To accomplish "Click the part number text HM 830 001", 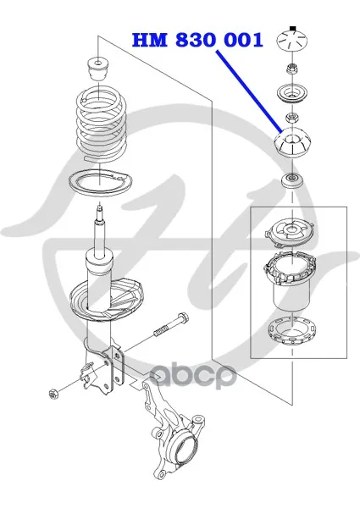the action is (x=197, y=41).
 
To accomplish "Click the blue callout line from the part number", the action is (x=249, y=91).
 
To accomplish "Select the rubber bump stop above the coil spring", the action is (x=98, y=68).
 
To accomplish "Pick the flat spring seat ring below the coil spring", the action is (x=101, y=183).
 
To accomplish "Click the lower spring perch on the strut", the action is (x=106, y=300).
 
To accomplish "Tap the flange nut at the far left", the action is (x=53, y=395).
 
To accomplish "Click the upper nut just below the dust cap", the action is (x=291, y=69).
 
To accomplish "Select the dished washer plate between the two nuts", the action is (x=292, y=94).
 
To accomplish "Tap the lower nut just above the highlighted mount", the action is (x=291, y=119).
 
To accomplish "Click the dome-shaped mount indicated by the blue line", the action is (x=292, y=143).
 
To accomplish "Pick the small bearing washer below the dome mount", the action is (x=292, y=179).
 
